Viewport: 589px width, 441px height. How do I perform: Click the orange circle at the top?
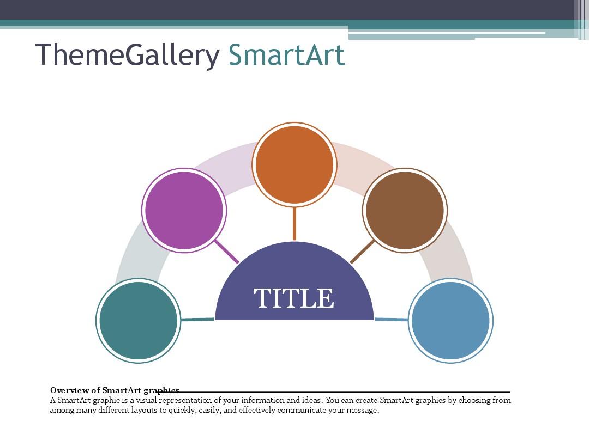coord(294,164)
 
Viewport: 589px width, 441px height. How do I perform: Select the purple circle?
coord(184,210)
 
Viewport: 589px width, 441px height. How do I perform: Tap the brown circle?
coord(405,210)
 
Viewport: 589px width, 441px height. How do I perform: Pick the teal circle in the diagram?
coord(139,320)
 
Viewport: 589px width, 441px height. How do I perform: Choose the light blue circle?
coord(450,320)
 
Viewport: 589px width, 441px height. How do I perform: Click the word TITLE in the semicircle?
coord(294,298)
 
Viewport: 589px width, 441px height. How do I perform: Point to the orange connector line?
coord(294,223)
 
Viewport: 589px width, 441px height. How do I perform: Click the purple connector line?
coord(226,252)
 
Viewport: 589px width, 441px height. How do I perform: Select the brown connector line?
coord(363,252)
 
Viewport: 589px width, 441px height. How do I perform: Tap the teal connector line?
coord(197,319)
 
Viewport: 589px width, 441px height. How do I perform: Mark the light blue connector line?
coord(392,319)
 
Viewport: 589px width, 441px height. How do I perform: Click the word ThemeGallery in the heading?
coord(127,55)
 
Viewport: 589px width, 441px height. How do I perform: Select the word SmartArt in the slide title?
coord(287,55)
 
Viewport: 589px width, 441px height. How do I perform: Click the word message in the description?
coord(363,410)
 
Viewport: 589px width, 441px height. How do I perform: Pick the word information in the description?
coord(264,400)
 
